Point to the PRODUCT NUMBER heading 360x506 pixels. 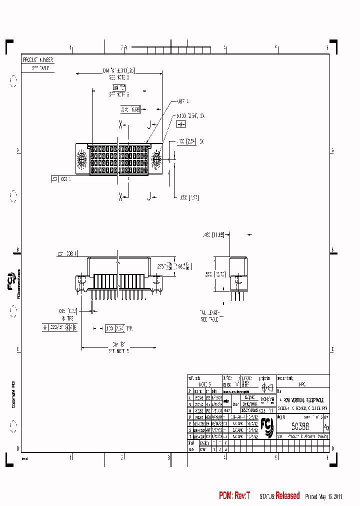38,59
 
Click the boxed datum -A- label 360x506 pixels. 181,123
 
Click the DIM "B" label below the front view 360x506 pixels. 118,344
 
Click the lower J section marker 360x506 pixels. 148,197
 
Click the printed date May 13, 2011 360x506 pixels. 330,496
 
